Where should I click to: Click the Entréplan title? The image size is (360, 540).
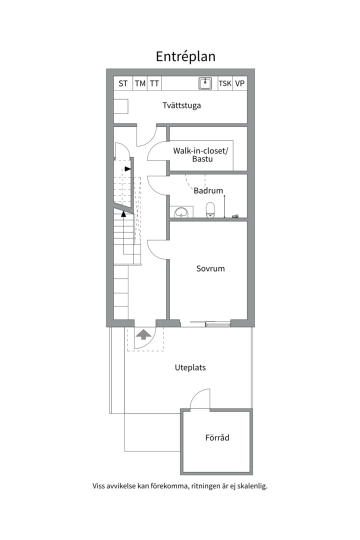point(185,57)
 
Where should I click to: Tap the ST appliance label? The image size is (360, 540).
point(123,83)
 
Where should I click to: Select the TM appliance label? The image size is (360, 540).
point(140,83)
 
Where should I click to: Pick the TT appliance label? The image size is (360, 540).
point(154,83)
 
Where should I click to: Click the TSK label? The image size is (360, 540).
point(225,83)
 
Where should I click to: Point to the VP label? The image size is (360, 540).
point(240,83)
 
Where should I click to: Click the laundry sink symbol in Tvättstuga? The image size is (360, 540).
point(205,83)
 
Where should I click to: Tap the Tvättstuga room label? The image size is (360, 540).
point(181,105)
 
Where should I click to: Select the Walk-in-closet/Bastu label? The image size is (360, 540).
point(201,154)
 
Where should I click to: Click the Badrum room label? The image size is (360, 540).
point(208,190)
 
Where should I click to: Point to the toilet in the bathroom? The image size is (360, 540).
point(210,210)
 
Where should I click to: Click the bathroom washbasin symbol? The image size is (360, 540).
point(181,212)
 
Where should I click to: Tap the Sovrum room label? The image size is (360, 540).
point(210,268)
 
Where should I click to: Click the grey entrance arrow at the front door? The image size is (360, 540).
point(143,334)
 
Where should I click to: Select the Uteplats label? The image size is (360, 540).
point(190,367)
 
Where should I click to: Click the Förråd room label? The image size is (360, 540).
point(217,437)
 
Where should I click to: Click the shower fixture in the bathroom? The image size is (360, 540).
point(224,206)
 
